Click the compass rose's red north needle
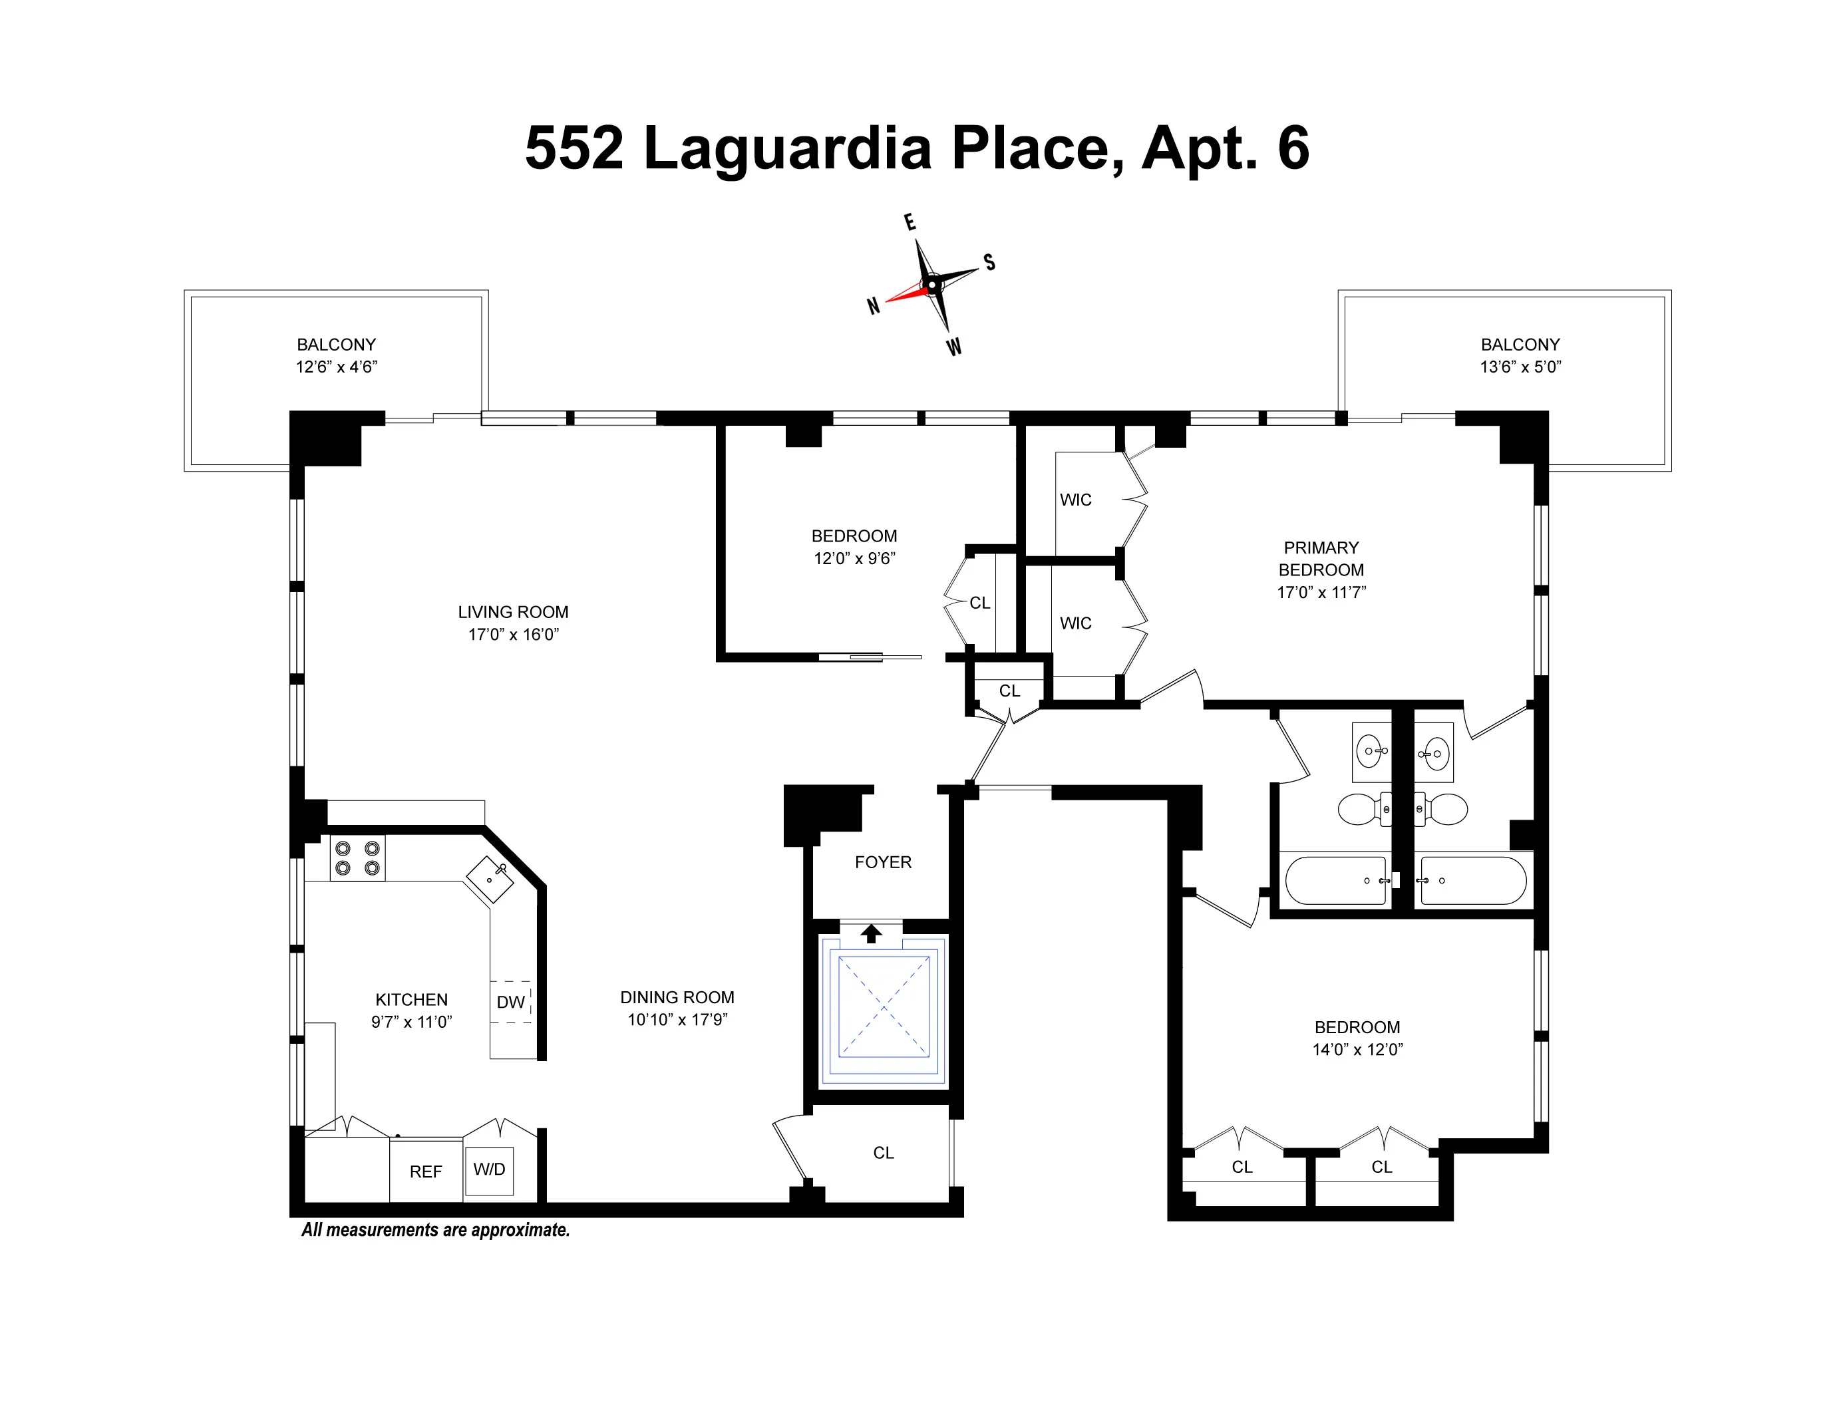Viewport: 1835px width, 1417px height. coord(906,294)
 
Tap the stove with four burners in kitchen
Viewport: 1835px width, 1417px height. coord(357,858)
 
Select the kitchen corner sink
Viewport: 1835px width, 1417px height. coord(490,879)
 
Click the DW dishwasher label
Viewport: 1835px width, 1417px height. coord(510,1001)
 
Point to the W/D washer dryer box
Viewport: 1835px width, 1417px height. coord(489,1170)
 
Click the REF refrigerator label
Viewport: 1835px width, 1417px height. coord(425,1172)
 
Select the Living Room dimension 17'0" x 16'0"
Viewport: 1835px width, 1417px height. coord(512,634)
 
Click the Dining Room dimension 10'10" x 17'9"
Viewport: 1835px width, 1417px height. coord(677,1019)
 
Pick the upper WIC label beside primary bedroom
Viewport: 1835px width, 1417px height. coord(1075,500)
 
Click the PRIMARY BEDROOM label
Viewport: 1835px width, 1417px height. coord(1321,559)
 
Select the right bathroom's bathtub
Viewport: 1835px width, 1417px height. coord(1472,880)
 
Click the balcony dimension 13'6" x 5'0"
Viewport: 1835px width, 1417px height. coord(1520,366)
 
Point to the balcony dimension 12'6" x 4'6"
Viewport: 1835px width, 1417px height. coord(336,366)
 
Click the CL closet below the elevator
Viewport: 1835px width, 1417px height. coord(883,1152)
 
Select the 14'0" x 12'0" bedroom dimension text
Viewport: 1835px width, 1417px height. coord(1357,1049)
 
